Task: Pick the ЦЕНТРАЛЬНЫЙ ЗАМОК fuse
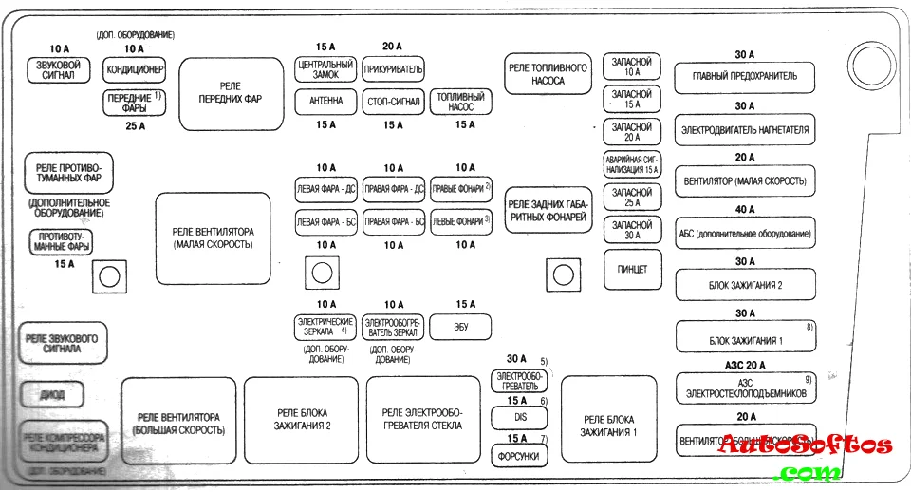(x=325, y=69)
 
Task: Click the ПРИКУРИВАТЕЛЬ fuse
(x=393, y=69)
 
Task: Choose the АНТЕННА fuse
(x=325, y=102)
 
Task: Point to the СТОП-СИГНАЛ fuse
(x=393, y=102)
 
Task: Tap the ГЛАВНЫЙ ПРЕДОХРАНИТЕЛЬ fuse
(x=745, y=76)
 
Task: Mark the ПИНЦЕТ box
(x=632, y=270)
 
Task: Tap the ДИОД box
(x=52, y=393)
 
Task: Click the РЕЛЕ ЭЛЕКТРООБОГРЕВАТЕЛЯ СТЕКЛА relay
(x=423, y=419)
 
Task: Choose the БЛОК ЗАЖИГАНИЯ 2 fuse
(x=745, y=283)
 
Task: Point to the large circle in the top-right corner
(x=866, y=66)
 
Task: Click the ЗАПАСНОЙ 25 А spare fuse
(x=632, y=198)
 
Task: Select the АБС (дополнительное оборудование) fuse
(x=745, y=232)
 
